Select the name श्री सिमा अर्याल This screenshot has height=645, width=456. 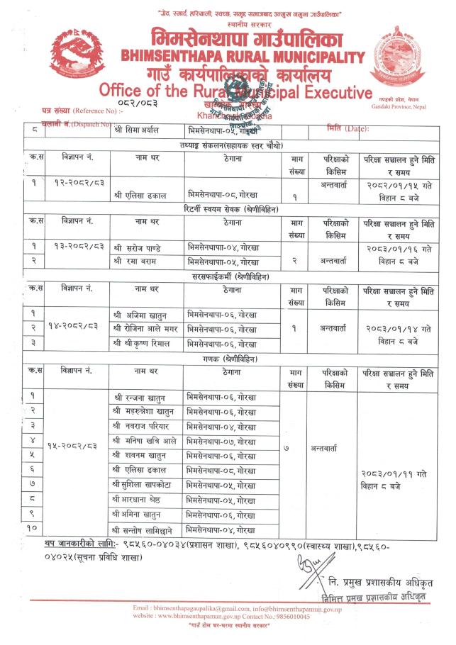(135, 130)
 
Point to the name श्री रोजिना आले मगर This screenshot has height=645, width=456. (145, 328)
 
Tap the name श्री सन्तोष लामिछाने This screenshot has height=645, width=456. (145, 529)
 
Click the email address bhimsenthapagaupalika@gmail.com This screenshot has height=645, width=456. (185, 609)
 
